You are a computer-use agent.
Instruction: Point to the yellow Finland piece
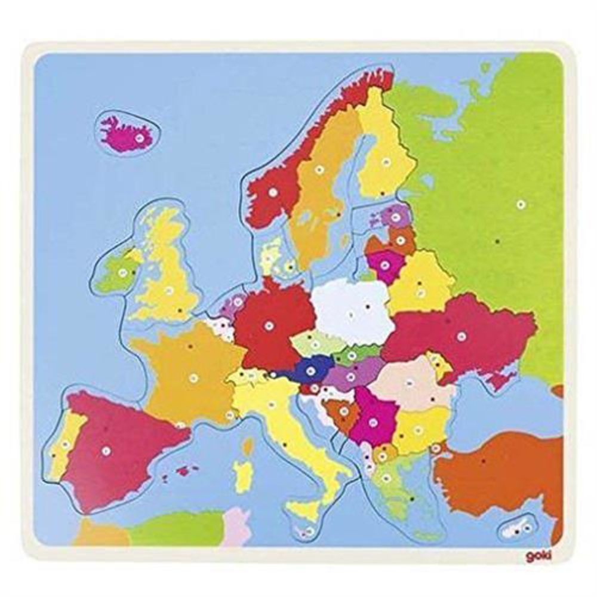coord(385,155)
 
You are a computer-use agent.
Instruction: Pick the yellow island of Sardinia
coord(242,475)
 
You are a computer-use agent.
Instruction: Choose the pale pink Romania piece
coord(412,382)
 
